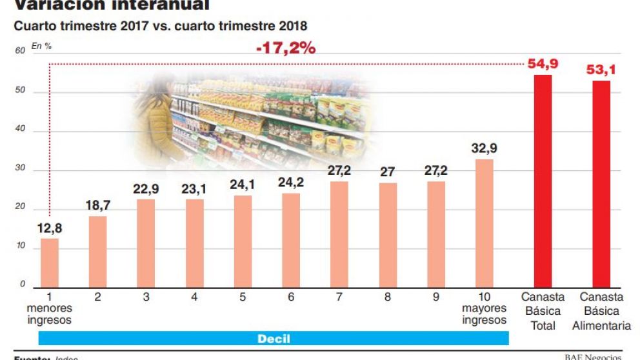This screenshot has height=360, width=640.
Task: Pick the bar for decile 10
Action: click(485, 223)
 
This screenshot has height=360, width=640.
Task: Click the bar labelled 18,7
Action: click(98, 251)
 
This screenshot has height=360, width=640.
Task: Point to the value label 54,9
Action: click(543, 65)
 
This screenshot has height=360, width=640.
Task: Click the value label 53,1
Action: click(601, 70)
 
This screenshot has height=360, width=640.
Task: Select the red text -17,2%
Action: click(285, 48)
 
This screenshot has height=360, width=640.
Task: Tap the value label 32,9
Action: click(484, 148)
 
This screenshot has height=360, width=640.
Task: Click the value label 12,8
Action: click(49, 228)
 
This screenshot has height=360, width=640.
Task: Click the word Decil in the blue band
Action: click(274, 339)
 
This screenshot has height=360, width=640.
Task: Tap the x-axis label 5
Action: click(242, 297)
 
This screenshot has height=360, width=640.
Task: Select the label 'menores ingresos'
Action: click(50, 314)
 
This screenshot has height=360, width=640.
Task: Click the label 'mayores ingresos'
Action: click(485, 314)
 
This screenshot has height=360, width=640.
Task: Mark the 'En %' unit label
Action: click(41, 46)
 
